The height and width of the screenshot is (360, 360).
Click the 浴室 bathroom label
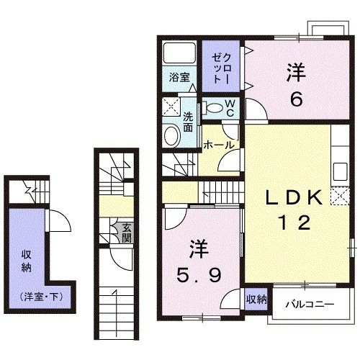(180, 77)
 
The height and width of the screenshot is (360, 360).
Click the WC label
(230, 108)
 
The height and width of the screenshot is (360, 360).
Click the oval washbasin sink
(172, 136)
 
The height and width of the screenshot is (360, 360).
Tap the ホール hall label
(218, 145)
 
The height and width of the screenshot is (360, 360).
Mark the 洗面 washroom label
(188, 122)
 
